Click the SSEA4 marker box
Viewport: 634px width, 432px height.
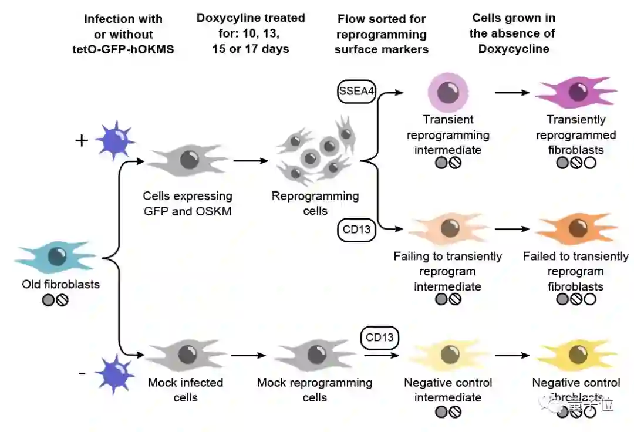pyautogui.click(x=356, y=92)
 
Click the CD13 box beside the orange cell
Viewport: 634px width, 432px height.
pyautogui.click(x=356, y=230)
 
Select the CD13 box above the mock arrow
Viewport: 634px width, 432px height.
pyautogui.click(x=379, y=338)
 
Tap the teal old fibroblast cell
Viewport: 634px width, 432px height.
pyautogui.click(x=55, y=257)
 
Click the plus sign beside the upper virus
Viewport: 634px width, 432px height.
pyautogui.click(x=82, y=141)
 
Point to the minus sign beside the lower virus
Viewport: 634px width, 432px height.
pyautogui.click(x=82, y=374)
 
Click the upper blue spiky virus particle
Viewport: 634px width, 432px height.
pyautogui.click(x=115, y=140)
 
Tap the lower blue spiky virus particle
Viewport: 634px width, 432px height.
pyautogui.click(x=115, y=374)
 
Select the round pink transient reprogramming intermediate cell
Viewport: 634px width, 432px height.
pyautogui.click(x=448, y=93)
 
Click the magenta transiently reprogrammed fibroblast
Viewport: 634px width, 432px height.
pyautogui.click(x=576, y=92)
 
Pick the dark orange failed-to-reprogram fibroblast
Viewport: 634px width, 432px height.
pyautogui.click(x=576, y=229)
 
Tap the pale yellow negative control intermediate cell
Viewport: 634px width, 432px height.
pyautogui.click(x=449, y=355)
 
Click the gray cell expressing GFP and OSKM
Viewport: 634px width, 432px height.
pyautogui.click(x=188, y=160)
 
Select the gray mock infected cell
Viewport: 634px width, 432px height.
pyautogui.click(x=186, y=355)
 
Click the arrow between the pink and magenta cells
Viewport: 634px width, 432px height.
pyautogui.click(x=512, y=93)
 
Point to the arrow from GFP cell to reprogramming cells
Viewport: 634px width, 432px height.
pyautogui.click(x=251, y=161)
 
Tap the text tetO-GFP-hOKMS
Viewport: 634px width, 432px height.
pyautogui.click(x=123, y=49)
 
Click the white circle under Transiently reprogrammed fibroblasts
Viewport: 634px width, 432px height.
pyautogui.click(x=590, y=163)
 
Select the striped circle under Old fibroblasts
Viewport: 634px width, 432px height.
pyautogui.click(x=62, y=301)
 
